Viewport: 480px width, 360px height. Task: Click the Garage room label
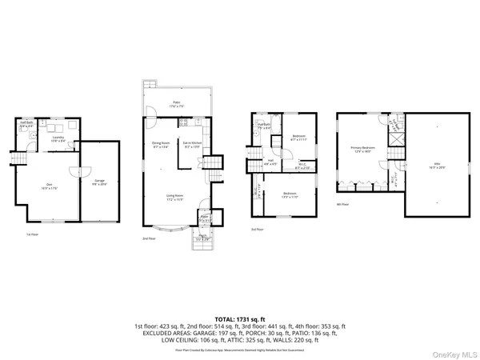coord(100,182)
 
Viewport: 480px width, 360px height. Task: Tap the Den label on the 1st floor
coord(46,188)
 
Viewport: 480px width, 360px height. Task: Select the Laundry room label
coord(58,138)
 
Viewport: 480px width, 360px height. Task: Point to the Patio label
coord(176,103)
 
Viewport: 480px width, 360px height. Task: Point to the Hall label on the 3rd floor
coord(270,161)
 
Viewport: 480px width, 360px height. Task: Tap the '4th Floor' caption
coord(342,204)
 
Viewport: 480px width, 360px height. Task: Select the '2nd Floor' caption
coord(148,238)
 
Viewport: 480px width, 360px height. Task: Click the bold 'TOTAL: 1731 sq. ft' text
coord(240,318)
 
